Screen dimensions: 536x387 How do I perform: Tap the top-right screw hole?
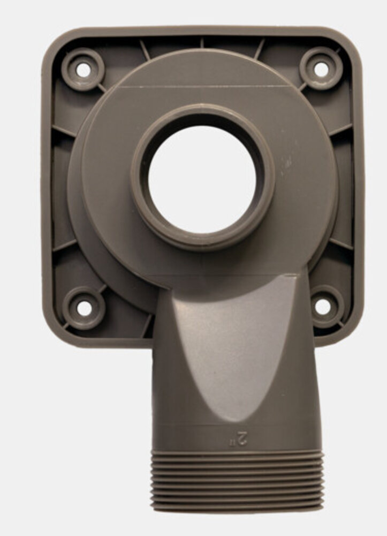tap(321, 69)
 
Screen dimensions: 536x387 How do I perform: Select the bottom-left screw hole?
tap(84, 308)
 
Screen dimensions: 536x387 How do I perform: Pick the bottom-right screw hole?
tap(323, 306)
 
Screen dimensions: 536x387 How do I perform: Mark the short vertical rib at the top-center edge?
tap(202, 42)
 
